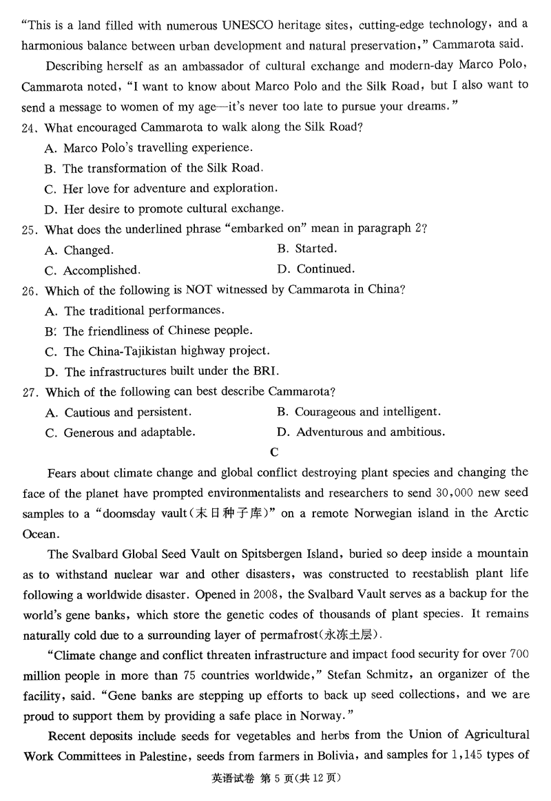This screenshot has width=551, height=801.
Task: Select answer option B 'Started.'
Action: click(x=315, y=249)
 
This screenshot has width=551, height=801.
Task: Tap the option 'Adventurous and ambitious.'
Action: click(x=370, y=432)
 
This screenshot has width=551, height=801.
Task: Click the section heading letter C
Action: click(x=275, y=452)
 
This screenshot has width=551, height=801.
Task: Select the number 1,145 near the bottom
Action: click(x=455, y=755)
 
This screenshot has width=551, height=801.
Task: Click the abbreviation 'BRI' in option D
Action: click(x=265, y=371)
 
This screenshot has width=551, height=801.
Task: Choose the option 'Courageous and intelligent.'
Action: click(x=367, y=412)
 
